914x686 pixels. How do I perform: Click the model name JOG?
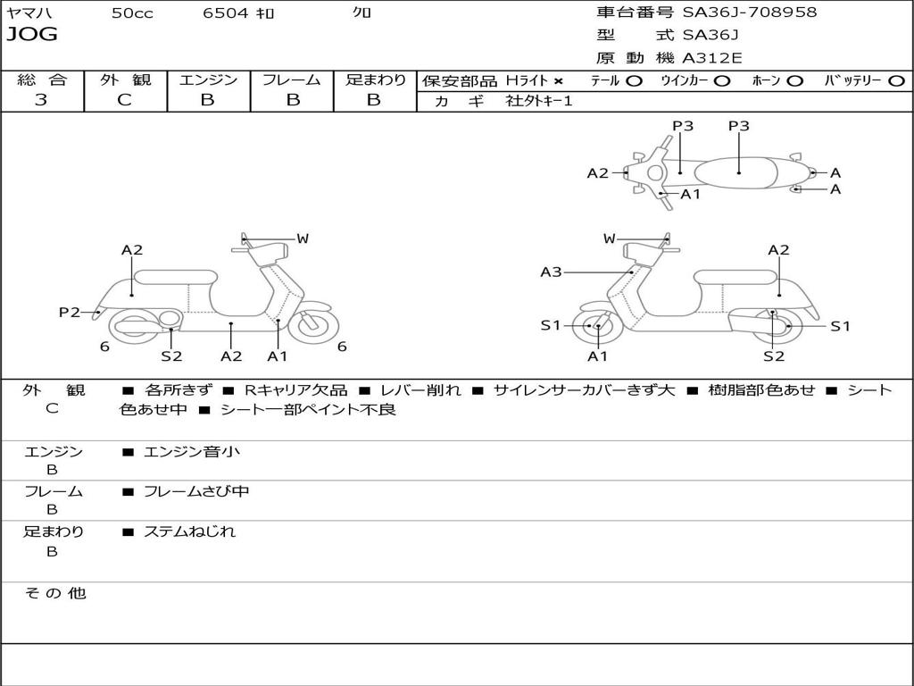click(x=32, y=35)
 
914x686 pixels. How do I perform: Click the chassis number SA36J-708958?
click(x=750, y=12)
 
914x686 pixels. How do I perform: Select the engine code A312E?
click(x=712, y=58)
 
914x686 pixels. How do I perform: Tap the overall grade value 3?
click(x=41, y=100)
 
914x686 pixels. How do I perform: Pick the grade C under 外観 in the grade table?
click(x=124, y=100)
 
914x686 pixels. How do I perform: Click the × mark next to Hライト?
click(x=559, y=81)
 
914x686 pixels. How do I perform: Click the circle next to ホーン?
click(x=794, y=81)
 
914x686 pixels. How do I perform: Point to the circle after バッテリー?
click(x=896, y=81)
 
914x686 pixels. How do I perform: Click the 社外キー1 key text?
click(x=539, y=101)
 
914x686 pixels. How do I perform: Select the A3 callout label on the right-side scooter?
click(x=551, y=272)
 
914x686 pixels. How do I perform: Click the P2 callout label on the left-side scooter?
click(x=70, y=312)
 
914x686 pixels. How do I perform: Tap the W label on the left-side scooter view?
click(x=303, y=238)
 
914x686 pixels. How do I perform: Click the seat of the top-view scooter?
click(x=735, y=172)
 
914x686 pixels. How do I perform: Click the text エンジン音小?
click(x=191, y=451)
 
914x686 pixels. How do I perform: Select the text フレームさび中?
click(x=196, y=492)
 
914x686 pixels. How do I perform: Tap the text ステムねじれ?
click(x=189, y=531)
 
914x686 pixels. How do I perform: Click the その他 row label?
click(x=55, y=593)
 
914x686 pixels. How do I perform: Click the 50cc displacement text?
click(x=132, y=13)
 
